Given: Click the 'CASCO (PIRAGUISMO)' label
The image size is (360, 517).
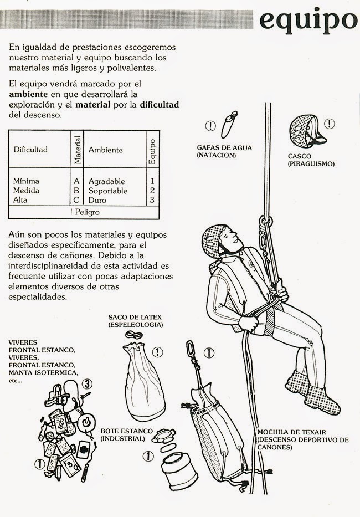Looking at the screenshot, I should (x=311, y=160).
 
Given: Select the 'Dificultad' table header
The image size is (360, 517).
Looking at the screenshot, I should (x=31, y=150).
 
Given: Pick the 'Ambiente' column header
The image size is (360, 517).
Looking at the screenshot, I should (x=106, y=150).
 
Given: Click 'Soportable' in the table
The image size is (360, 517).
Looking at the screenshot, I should (x=108, y=191).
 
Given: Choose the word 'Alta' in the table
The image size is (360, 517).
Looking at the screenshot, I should (x=20, y=200).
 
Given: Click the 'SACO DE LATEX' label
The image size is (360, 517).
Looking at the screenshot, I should (x=135, y=316).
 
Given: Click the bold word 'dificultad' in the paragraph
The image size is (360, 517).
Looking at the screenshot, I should (x=160, y=105).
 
